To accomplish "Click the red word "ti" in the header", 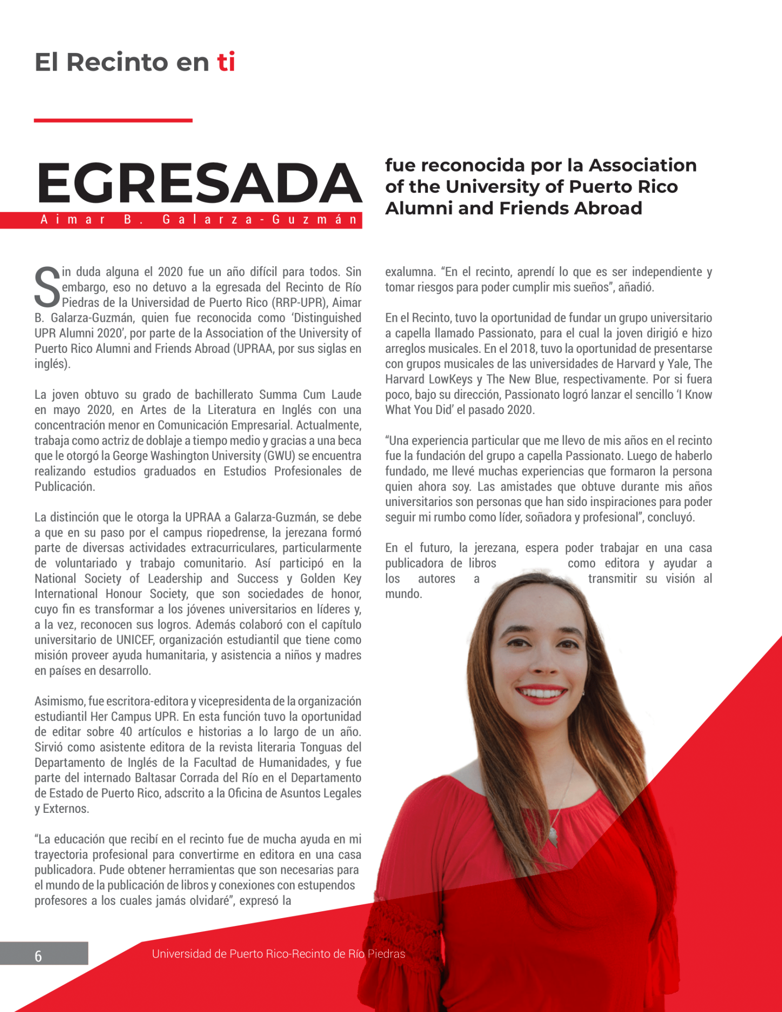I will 226,62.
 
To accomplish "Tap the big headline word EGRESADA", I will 200,183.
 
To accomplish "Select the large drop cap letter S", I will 47,287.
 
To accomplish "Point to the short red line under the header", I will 113,120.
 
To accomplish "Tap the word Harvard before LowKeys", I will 407,379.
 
